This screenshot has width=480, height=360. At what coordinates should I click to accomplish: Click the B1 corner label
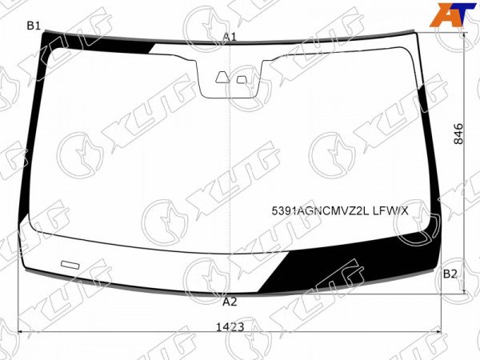[x=34, y=26]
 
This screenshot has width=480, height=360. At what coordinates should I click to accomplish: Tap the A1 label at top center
[x=230, y=37]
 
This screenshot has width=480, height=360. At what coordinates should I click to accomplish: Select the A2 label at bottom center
[x=230, y=302]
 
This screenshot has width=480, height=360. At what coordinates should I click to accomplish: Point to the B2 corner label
[x=450, y=274]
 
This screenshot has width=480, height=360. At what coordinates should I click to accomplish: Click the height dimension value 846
[x=458, y=134]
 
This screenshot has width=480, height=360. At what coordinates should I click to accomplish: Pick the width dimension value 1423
[x=230, y=327]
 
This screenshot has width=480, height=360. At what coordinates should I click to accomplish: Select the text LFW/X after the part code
[x=390, y=211]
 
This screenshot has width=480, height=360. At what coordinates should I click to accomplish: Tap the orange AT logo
[x=453, y=14]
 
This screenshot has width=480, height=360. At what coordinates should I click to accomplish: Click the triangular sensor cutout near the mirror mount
[x=222, y=78]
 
